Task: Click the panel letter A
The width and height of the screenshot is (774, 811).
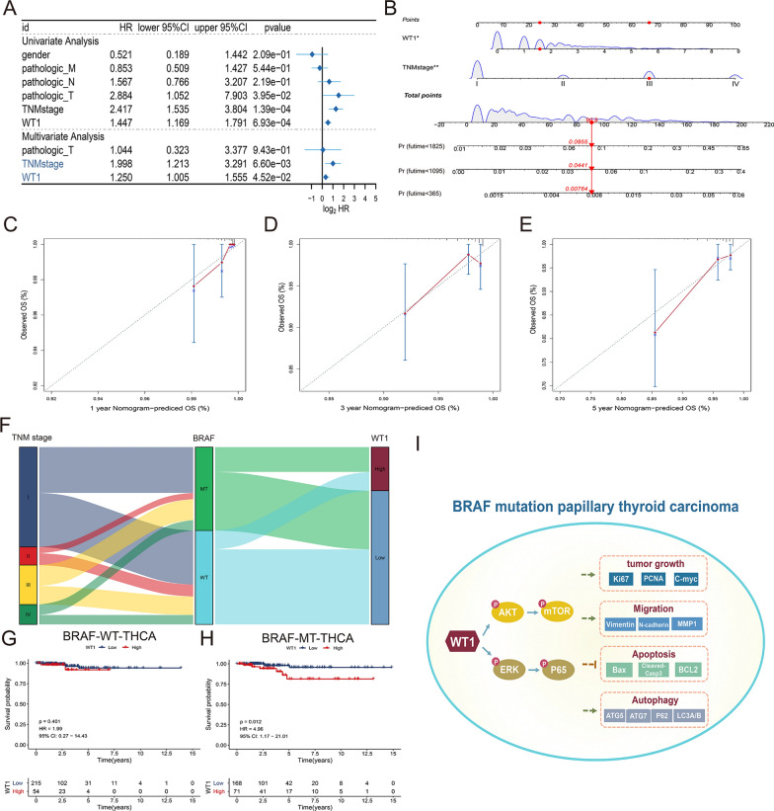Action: (10, 11)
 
